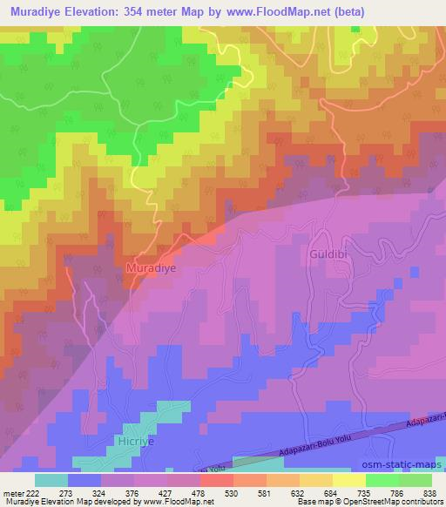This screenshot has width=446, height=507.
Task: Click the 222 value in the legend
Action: click(x=29, y=492)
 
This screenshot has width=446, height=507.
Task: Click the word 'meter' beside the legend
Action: click(x=10, y=492)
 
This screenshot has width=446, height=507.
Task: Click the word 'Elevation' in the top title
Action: click(x=100, y=11)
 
